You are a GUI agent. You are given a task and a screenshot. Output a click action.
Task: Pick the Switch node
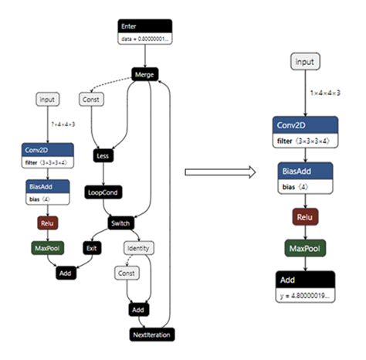tap(122, 223)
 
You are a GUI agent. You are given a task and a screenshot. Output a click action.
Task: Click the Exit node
tap(91, 248)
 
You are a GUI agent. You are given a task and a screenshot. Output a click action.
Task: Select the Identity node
tap(140, 248)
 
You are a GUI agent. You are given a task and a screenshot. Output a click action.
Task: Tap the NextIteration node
tap(151, 334)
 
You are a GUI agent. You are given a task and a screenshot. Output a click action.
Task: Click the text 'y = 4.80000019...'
tap(305, 296)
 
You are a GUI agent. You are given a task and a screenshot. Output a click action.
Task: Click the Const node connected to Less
tap(92, 99)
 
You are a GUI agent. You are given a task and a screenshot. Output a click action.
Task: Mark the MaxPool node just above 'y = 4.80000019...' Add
tap(305, 249)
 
